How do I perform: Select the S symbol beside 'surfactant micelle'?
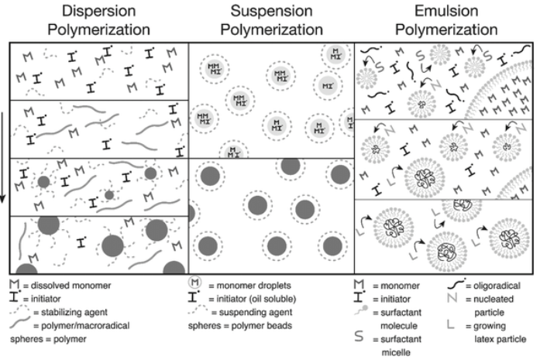click(359, 339)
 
